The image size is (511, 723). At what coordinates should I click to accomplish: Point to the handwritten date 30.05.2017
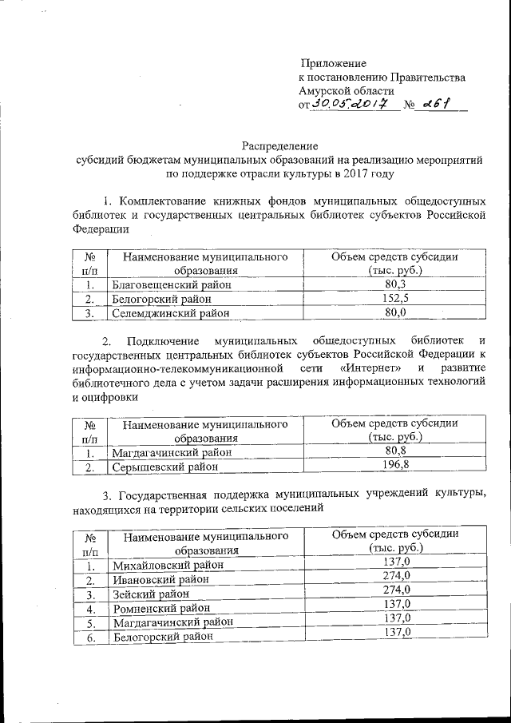click(351, 105)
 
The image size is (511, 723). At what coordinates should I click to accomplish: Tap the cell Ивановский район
click(157, 579)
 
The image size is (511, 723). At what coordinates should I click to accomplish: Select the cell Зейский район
click(151, 594)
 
